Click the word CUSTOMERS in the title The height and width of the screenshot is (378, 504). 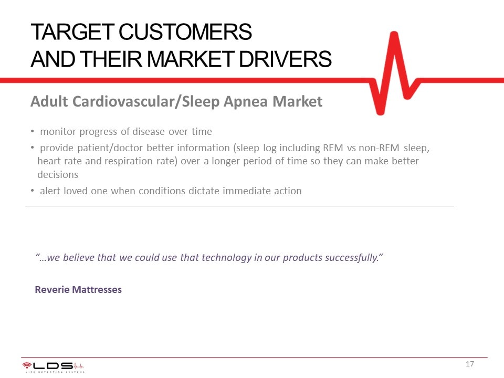[185, 32]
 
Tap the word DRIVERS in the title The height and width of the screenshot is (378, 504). [285, 59]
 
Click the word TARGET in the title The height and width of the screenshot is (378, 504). [72, 32]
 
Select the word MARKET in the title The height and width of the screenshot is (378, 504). [190, 59]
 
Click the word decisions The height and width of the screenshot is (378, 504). [58, 174]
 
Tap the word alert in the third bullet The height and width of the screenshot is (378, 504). [50, 191]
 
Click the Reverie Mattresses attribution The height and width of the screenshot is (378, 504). [78, 290]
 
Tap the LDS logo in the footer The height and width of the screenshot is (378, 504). [54, 367]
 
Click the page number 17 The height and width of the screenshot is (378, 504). [469, 364]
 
